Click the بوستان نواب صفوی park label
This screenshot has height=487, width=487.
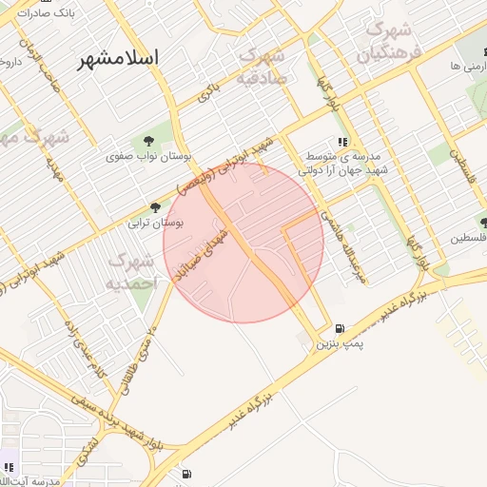coord(146,155)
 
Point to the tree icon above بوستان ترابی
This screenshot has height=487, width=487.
coord(155,208)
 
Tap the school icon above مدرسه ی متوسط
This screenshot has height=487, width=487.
coord(341,142)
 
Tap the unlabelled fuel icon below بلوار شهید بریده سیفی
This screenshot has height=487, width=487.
coord(184,473)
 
